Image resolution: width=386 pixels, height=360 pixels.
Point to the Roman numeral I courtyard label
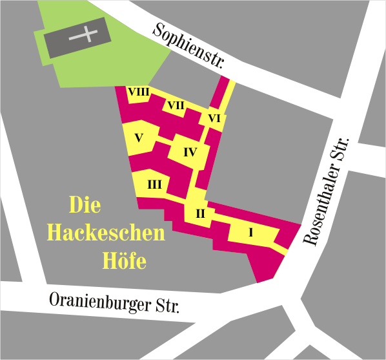250,232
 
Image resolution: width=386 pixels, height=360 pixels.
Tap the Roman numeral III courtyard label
154,185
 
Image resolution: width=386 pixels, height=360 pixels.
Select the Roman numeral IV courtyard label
189,153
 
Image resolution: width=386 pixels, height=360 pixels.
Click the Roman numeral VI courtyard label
214,118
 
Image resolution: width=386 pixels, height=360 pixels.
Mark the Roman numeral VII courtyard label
176,105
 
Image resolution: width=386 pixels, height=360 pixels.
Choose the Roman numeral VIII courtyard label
138,92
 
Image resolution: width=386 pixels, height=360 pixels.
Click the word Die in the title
85,206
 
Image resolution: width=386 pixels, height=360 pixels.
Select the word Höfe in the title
125,260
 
